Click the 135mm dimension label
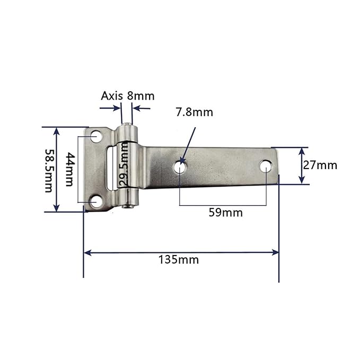pyautogui.click(x=178, y=260)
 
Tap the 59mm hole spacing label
pyautogui.click(x=226, y=213)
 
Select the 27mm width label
pyautogui.click(x=320, y=165)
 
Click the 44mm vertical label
pyautogui.click(x=69, y=169)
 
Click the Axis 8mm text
pyautogui.click(x=128, y=96)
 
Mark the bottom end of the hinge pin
pyautogui.click(x=127, y=207)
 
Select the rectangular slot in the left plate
pyautogui.click(x=110, y=169)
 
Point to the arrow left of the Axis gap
pyautogui.click(x=117, y=108)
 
